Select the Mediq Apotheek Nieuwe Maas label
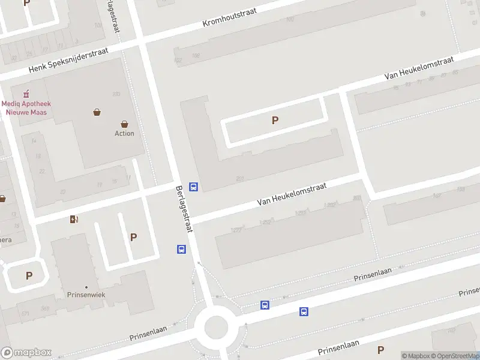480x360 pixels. tap(26, 107)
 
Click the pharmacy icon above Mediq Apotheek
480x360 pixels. tap(26, 94)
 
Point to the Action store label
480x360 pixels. tap(124, 133)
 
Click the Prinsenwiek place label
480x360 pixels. tap(86, 295)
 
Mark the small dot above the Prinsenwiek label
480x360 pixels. tap(86, 287)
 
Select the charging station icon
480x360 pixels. tap(74, 219)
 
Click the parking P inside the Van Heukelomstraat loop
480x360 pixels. tap(275, 120)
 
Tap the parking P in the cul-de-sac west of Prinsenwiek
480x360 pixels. tap(29, 276)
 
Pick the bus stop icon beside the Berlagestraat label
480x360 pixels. tap(193, 187)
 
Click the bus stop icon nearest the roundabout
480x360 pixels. tap(265, 305)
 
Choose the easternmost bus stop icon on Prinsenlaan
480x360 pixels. tap(304, 311)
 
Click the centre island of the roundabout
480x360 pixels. tap(216, 328)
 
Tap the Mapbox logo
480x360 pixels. tap(26, 353)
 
